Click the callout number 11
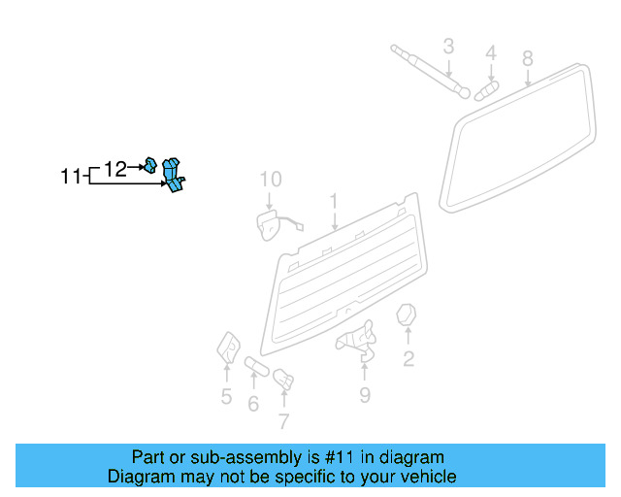click(70, 177)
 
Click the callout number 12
click(114, 169)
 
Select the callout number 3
click(448, 46)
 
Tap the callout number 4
click(491, 52)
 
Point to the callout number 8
click(528, 58)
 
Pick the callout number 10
click(270, 179)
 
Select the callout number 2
click(409, 360)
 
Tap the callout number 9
click(364, 394)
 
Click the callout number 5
click(226, 396)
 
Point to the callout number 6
click(253, 403)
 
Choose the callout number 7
click(283, 421)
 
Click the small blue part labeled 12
click(151, 164)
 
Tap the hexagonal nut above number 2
click(408, 315)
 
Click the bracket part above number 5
click(228, 346)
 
